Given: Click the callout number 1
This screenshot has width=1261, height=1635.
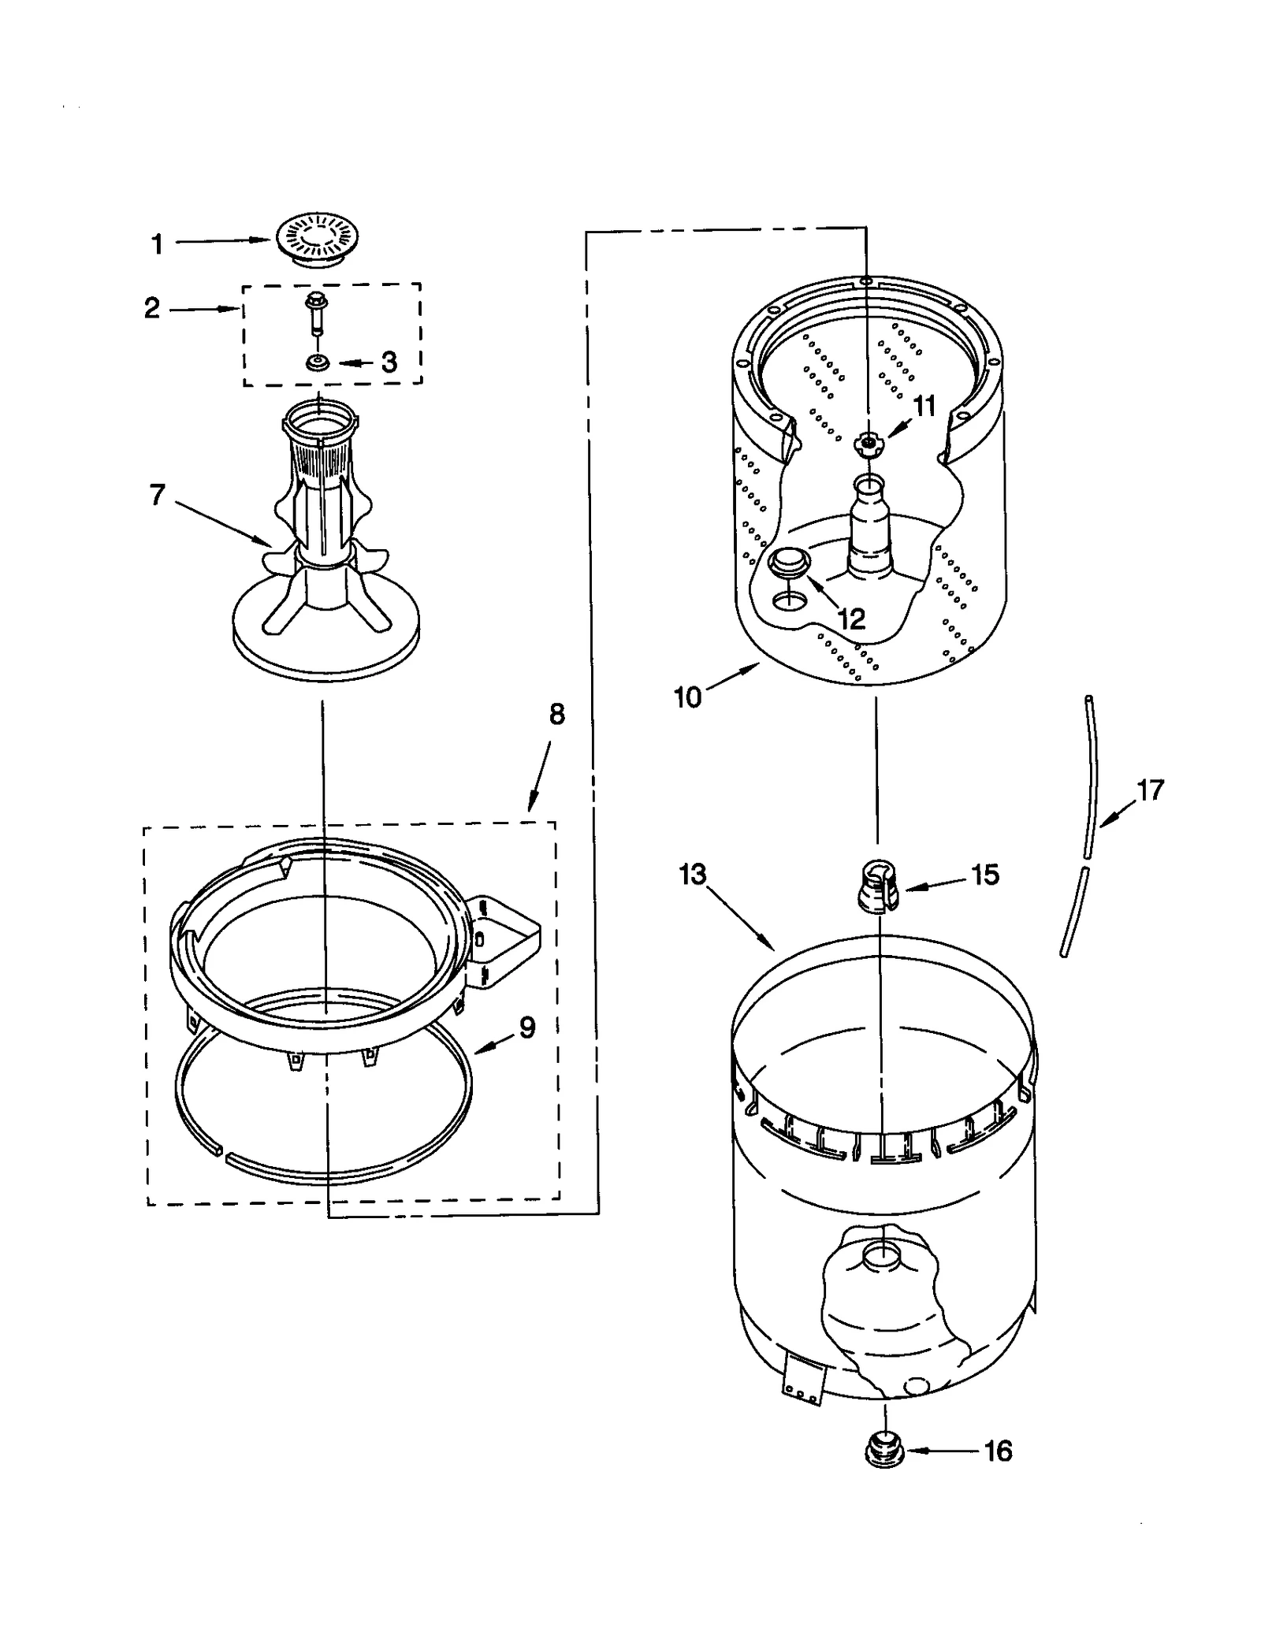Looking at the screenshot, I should coord(157,244).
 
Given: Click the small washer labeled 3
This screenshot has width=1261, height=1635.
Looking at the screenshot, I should coord(318,363).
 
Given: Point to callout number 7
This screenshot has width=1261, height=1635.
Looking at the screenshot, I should coord(157,496).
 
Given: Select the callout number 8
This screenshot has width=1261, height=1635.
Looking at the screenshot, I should coord(556,715).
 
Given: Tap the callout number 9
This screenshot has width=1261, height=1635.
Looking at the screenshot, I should coord(526,1027).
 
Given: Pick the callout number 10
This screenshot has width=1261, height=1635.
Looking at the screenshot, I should coord(687,697).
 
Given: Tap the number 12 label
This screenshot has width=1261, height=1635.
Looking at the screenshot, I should coord(851,619).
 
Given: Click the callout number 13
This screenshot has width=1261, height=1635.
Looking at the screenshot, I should coord(693,874).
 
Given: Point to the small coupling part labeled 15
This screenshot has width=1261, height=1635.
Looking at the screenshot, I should coord(876,886).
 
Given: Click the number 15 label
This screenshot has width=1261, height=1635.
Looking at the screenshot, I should coord(984,875).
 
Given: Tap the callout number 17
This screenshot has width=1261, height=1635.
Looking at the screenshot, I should coord(1150,790).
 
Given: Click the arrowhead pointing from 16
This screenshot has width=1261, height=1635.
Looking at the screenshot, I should coord(913,1450).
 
